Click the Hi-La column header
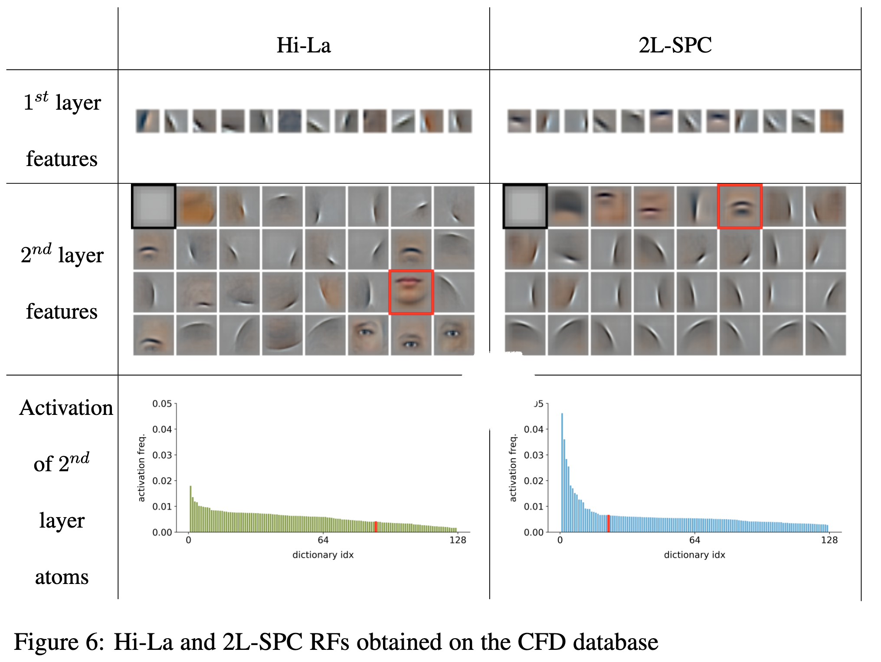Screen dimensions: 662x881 click(x=304, y=45)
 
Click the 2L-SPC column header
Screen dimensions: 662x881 click(x=675, y=45)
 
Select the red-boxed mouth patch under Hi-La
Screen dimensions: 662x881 click(x=411, y=292)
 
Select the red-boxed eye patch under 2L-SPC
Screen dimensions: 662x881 click(x=740, y=206)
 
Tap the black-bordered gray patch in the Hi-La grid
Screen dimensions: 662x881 click(x=154, y=206)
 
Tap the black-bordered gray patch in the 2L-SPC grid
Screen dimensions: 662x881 click(x=525, y=206)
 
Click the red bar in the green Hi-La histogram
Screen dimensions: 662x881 click(x=376, y=527)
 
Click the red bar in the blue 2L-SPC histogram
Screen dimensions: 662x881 click(x=608, y=523)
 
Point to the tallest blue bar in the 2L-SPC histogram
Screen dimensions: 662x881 click(x=562, y=473)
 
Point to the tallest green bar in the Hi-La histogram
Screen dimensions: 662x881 click(x=190, y=509)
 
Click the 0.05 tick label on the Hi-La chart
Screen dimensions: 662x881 click(x=162, y=404)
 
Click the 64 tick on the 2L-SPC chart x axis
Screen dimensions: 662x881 click(x=694, y=540)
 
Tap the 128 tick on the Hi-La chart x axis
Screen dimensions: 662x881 click(x=458, y=540)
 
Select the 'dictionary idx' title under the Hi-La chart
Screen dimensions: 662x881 click(x=323, y=555)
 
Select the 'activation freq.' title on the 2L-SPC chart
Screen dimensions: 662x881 click(x=513, y=468)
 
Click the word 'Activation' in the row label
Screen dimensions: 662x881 click(x=66, y=408)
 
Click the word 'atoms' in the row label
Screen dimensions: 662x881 click(x=62, y=577)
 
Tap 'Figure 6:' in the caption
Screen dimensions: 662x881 click(x=59, y=642)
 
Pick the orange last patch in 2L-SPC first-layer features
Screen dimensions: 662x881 click(x=832, y=121)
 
